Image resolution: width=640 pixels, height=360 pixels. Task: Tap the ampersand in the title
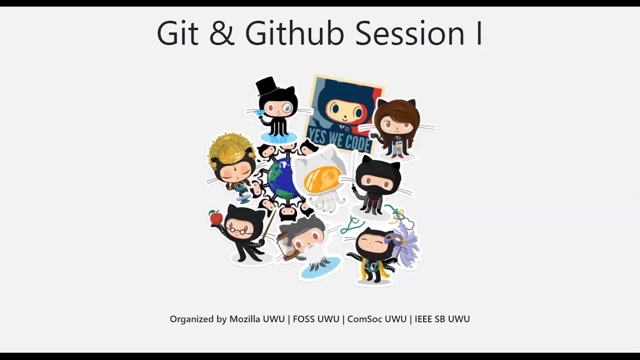(222, 33)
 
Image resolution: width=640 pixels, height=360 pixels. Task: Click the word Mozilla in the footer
(257, 319)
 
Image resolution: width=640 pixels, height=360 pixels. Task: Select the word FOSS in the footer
(305, 319)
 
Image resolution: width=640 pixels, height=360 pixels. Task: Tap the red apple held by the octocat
(216, 217)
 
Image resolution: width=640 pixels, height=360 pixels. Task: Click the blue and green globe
(283, 178)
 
